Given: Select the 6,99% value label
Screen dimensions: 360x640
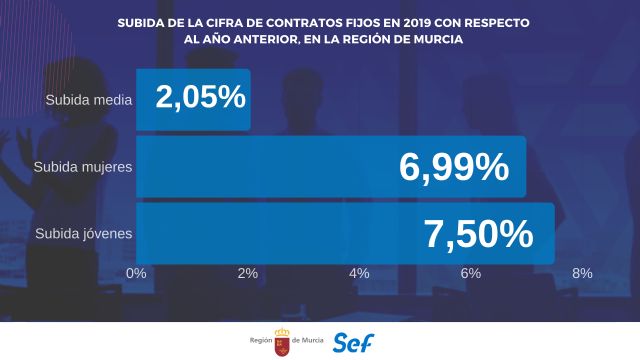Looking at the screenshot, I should pyautogui.click(x=454, y=167).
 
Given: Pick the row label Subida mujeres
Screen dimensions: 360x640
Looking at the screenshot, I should pyautogui.click(x=82, y=167).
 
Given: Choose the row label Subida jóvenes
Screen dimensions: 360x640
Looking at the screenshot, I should pyautogui.click(x=82, y=234).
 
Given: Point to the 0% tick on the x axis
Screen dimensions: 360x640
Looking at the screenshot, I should pyautogui.click(x=137, y=272).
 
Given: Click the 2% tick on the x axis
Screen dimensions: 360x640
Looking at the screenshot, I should pyautogui.click(x=248, y=272).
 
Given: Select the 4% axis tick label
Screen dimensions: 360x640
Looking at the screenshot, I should pyautogui.click(x=359, y=272).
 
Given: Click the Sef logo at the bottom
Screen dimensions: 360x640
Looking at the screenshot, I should pyautogui.click(x=353, y=341).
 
